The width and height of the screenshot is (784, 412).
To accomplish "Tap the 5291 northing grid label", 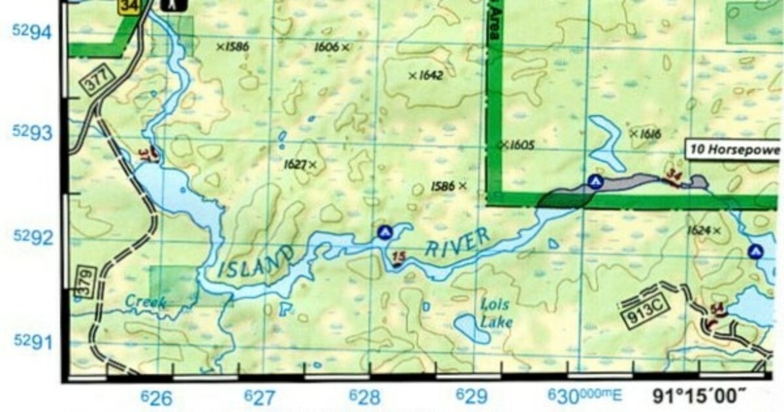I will coord(32,341).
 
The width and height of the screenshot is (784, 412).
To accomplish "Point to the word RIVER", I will coord(457,243).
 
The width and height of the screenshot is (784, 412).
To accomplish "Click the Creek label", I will coord(145,301).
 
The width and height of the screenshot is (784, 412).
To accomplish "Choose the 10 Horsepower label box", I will coord(733,150).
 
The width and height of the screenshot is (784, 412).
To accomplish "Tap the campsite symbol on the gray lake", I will coord(595,182).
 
